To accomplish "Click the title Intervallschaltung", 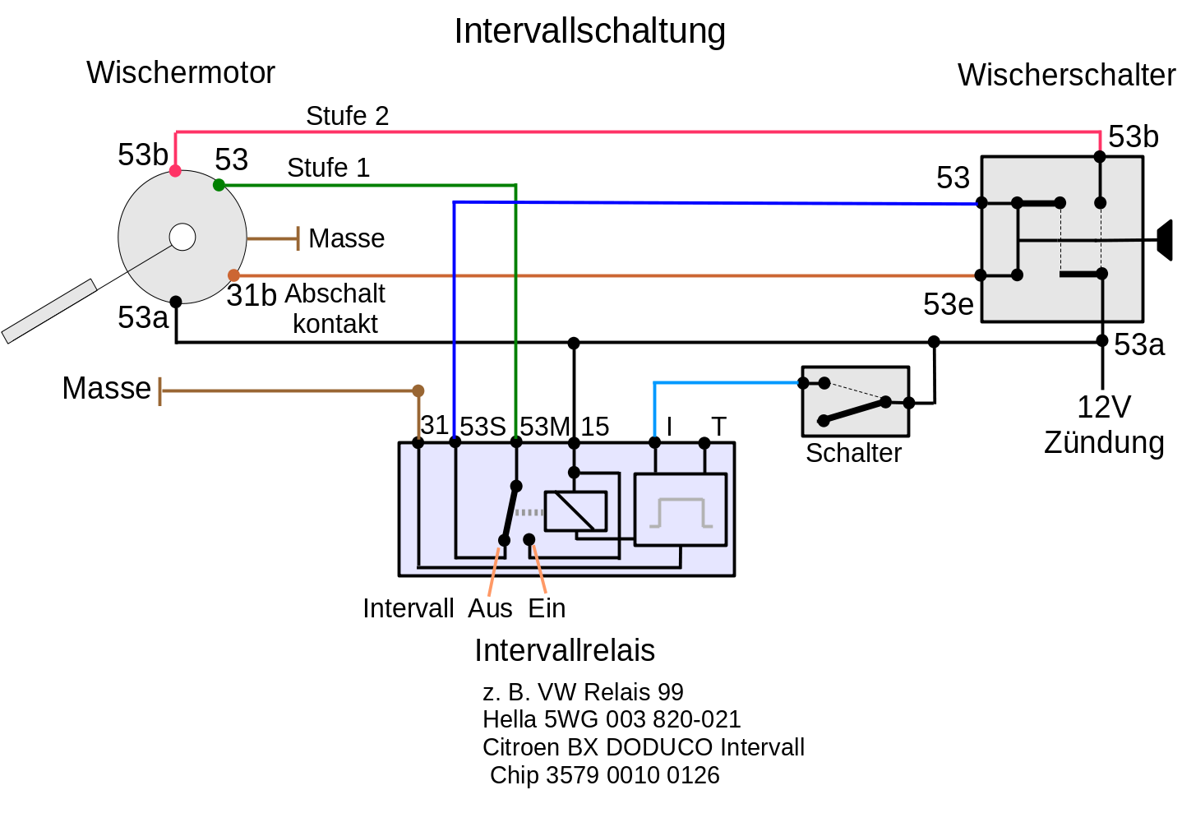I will [x=589, y=31].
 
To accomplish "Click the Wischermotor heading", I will [x=180, y=72].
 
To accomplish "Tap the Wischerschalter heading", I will [x=1066, y=75].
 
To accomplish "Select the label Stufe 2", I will [x=347, y=116].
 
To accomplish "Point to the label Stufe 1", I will [x=328, y=168].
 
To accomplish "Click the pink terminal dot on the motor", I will [x=175, y=171].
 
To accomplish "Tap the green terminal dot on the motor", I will [x=219, y=185].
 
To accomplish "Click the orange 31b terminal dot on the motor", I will [x=234, y=275].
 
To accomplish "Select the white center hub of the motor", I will [x=182, y=237].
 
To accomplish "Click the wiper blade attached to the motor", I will [x=49, y=311].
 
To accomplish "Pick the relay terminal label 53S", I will [x=482, y=427].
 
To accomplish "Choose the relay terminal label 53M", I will [x=544, y=427].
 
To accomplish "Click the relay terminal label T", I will [x=718, y=427].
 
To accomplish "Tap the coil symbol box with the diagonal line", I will [x=575, y=511].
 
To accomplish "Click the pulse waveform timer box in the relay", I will [x=681, y=510].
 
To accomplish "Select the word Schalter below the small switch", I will [x=853, y=453].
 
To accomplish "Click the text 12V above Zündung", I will [x=1103, y=407].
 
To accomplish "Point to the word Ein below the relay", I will [x=547, y=608].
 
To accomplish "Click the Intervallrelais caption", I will [x=565, y=650].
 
